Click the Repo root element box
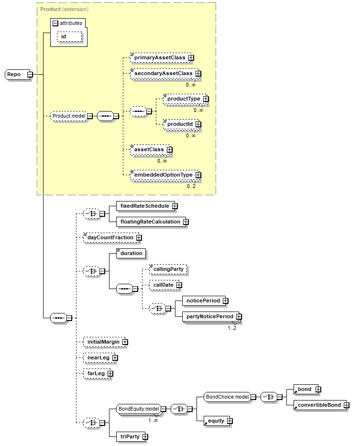click(17, 75)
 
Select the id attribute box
click(69, 37)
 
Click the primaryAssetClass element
click(162, 58)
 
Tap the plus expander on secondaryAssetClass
click(198, 74)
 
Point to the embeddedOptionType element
click(165, 175)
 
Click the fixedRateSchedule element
click(147, 206)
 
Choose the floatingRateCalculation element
click(153, 222)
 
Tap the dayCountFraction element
click(112, 238)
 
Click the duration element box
click(131, 254)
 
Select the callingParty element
click(168, 269)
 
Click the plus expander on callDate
click(179, 285)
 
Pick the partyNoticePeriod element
click(212, 317)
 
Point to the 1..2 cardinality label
click(232, 328)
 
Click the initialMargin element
click(105, 342)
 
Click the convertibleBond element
click(321, 405)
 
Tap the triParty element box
click(132, 436)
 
